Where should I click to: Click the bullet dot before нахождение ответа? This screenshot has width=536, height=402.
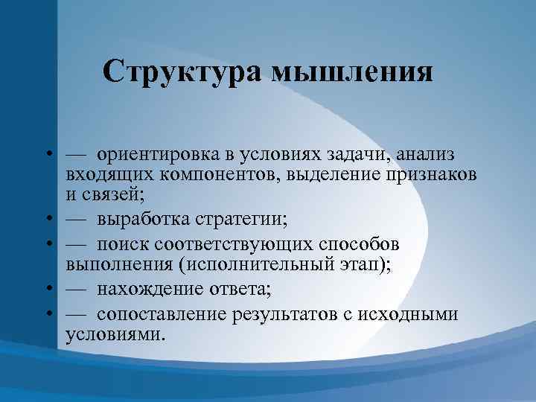tap(47, 290)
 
